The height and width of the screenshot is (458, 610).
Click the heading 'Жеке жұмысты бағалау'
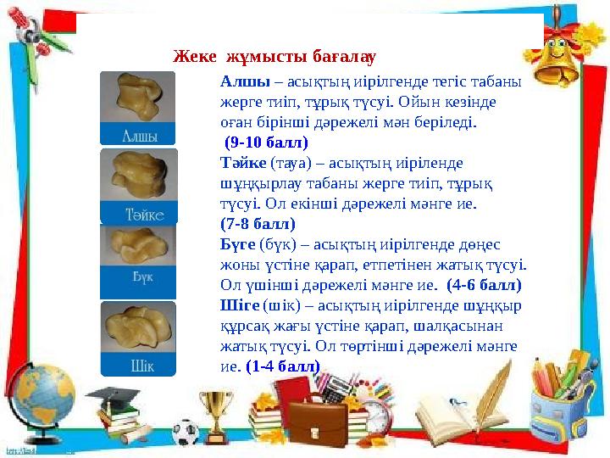tap(274, 58)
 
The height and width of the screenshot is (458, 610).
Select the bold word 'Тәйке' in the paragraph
tap(242, 163)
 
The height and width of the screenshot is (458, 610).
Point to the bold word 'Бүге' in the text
tap(237, 244)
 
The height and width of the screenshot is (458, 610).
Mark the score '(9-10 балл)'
tap(265, 142)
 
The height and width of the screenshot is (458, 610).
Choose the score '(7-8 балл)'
tap(257, 224)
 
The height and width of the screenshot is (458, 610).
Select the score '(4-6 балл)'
tap(483, 285)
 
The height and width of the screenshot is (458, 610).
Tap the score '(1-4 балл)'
tap(283, 366)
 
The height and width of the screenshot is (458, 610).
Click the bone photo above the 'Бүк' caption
tap(138, 245)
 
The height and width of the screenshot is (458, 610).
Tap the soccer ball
tap(185, 432)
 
